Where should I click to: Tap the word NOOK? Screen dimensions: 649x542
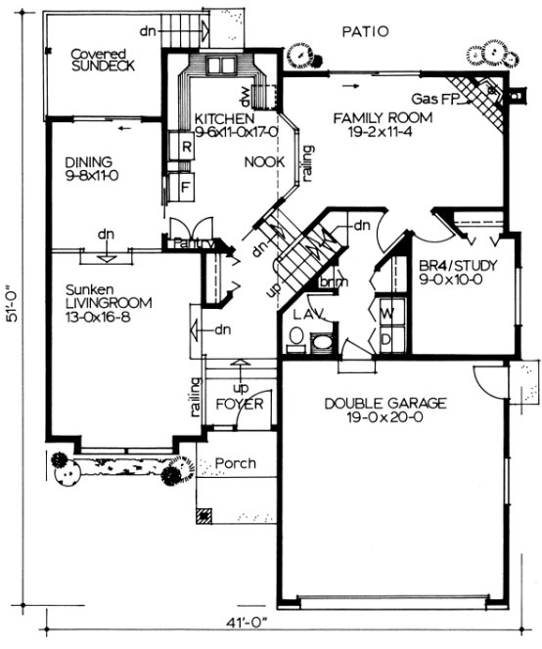(x=264, y=162)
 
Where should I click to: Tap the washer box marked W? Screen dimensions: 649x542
(x=385, y=314)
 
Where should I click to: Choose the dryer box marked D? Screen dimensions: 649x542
(x=385, y=338)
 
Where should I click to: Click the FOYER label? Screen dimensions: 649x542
(x=235, y=402)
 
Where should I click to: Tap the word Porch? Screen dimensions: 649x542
(x=235, y=463)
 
